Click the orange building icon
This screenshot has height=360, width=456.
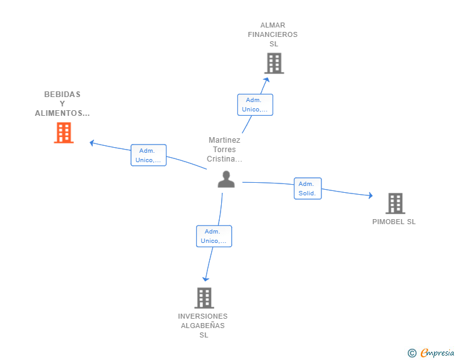pos(64,133)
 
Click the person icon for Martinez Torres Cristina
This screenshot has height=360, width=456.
pos(226,179)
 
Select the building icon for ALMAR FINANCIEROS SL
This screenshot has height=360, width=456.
pos(274,63)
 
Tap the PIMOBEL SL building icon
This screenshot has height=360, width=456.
pos(395,203)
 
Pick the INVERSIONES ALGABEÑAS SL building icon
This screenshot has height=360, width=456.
pos(204,298)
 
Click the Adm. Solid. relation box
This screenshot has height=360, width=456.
pos(308,188)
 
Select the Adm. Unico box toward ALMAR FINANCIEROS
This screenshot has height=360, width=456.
pos(255,105)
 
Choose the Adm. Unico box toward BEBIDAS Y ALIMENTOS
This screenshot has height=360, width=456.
pos(148,155)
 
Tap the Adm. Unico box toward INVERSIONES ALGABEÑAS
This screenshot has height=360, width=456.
pos(214,236)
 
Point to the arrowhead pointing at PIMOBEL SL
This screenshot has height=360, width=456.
pos(371,195)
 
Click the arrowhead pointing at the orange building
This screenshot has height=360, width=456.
pos(91,143)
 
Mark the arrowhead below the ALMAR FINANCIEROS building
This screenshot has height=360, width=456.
pos(266,80)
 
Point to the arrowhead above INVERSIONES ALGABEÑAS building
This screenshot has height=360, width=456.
pos(205,279)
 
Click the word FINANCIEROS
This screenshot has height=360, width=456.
pos(273,34)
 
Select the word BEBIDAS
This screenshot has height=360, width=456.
pos(62,94)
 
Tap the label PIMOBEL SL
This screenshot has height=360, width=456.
pos(394,222)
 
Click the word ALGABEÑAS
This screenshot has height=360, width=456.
pos(203,326)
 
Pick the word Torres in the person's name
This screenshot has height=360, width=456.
pos(224,150)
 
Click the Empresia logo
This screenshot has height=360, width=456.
pos(437,352)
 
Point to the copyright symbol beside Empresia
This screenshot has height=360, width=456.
pos(412,353)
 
